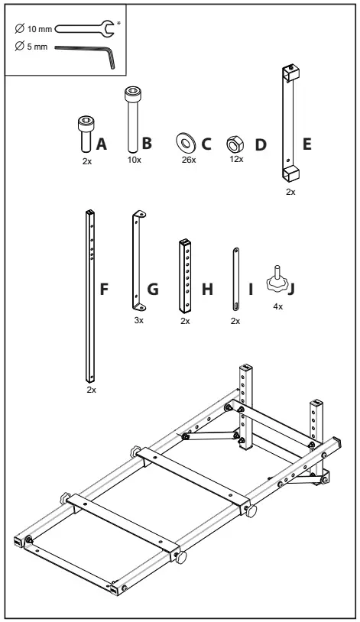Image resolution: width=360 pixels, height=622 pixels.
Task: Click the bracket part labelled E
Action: (290, 122)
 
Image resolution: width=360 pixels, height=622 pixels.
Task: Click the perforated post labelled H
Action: (185, 276)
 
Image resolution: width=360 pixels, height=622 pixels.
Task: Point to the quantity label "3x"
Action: (138, 322)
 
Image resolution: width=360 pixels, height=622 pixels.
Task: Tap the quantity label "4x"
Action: (277, 306)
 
